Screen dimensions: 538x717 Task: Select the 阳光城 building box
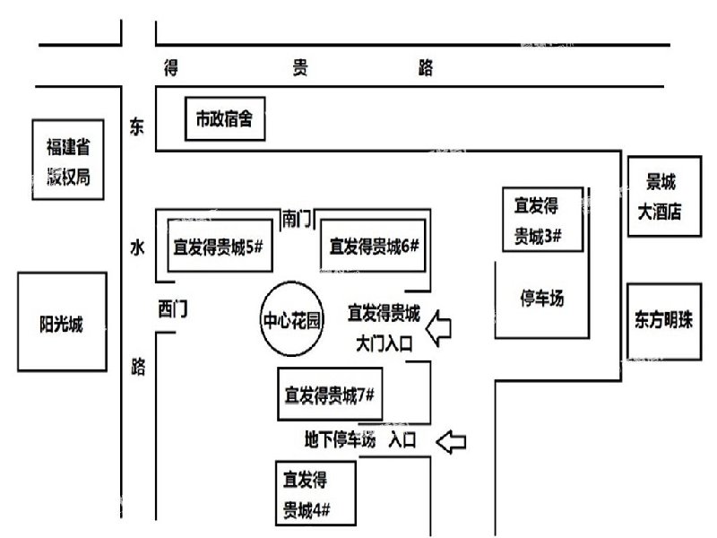click(61, 325)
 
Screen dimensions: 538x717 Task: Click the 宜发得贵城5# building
click(218, 246)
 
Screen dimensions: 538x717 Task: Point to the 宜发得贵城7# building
click(329, 394)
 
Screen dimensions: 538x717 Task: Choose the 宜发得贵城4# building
click(317, 493)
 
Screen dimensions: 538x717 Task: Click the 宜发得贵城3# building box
click(542, 221)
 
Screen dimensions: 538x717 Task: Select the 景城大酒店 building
click(661, 196)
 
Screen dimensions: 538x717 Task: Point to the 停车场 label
click(542, 299)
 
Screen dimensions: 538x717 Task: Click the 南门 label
click(297, 218)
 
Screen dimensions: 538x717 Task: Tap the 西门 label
click(172, 310)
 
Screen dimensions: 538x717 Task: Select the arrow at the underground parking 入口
click(453, 440)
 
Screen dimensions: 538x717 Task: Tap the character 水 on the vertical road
click(137, 249)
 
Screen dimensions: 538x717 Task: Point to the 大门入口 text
click(384, 343)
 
